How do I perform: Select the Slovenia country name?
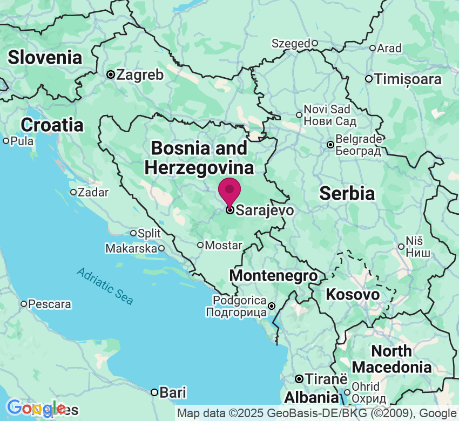(x=45, y=57)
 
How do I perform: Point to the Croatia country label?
(x=52, y=125)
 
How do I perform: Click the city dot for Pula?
(x=6, y=141)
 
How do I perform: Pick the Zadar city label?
(x=93, y=192)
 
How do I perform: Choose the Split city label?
(x=150, y=233)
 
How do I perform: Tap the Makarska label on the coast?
(x=131, y=249)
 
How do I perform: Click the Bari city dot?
(x=154, y=392)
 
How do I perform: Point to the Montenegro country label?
(x=273, y=275)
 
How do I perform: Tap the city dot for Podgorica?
(x=272, y=306)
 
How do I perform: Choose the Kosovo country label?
(x=353, y=295)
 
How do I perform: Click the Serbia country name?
(x=347, y=193)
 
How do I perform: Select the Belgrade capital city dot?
(x=330, y=145)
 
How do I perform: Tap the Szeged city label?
(x=291, y=43)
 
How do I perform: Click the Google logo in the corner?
(x=35, y=408)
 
